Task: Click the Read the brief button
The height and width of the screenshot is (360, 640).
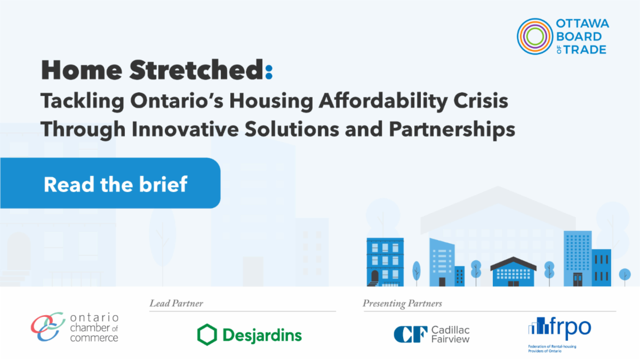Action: [x=110, y=183]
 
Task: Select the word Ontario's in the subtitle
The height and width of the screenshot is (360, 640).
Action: [x=177, y=101]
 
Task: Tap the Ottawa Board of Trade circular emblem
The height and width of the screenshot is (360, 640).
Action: [x=534, y=37]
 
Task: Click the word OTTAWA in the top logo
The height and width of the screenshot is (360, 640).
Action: [x=582, y=23]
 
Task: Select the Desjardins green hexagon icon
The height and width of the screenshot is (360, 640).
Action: [x=207, y=334]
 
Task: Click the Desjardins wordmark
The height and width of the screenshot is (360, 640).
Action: [x=262, y=335]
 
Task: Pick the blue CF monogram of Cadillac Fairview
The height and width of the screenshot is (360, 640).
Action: [x=411, y=334]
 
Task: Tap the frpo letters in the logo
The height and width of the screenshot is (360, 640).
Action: [x=570, y=326]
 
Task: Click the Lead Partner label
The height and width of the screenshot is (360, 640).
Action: [x=177, y=303]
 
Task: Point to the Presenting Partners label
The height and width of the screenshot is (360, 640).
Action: [x=402, y=303]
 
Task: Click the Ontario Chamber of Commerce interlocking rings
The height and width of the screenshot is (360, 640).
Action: [x=48, y=326]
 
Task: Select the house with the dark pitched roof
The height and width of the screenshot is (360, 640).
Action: [x=514, y=271]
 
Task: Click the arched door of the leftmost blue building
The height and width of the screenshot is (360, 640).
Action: [x=374, y=277]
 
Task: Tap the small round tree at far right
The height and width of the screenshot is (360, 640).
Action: [x=625, y=275]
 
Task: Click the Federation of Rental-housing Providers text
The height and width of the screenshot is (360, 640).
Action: [x=552, y=349]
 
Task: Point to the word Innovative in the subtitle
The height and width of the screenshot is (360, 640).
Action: [x=185, y=129]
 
